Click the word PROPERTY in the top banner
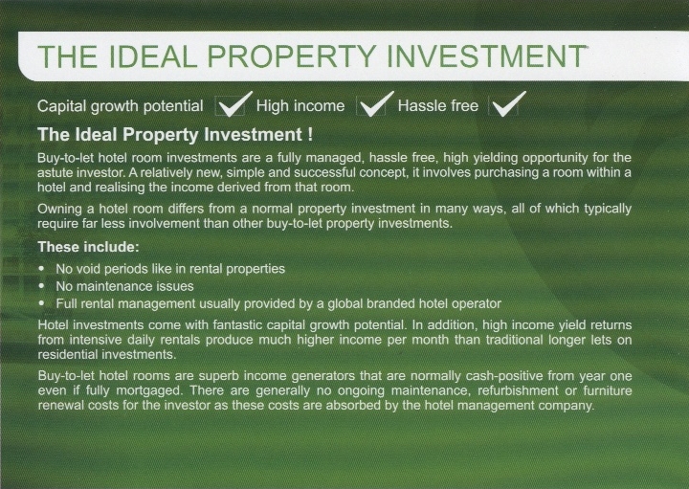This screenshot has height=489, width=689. pyautogui.click(x=291, y=56)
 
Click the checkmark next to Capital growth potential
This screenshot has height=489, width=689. pyautogui.click(x=234, y=104)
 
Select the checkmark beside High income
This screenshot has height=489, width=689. pyautogui.click(x=376, y=104)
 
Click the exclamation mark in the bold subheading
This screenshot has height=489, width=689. pyautogui.click(x=311, y=134)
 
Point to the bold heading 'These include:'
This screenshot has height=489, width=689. pyautogui.click(x=88, y=247)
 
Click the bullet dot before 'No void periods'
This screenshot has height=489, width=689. pyautogui.click(x=42, y=268)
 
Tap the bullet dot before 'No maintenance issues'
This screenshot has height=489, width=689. pyautogui.click(x=42, y=285)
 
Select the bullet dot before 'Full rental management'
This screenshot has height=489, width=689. pyautogui.click(x=42, y=303)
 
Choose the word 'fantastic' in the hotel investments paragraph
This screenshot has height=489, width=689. pyautogui.click(x=237, y=325)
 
